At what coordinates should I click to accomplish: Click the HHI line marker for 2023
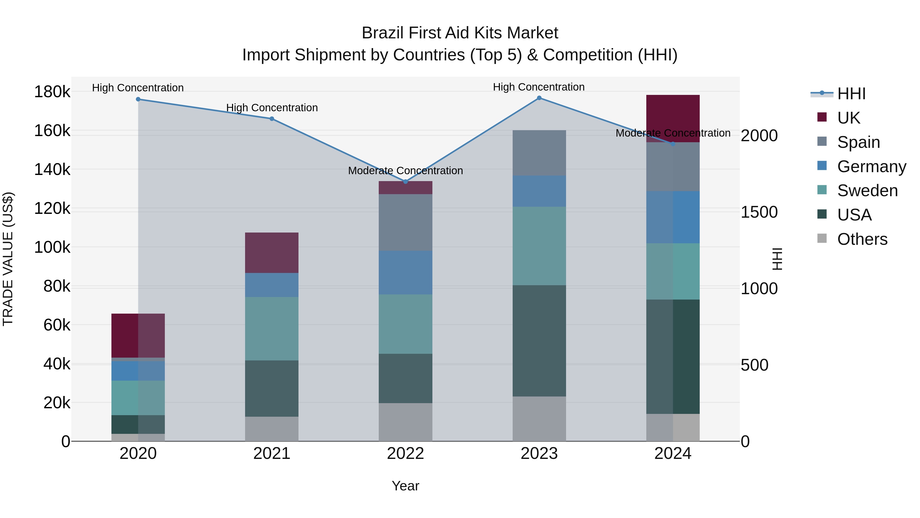click(539, 98)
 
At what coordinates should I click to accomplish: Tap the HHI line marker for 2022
click(405, 182)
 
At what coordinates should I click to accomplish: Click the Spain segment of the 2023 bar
click(539, 153)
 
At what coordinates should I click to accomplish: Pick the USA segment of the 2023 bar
click(539, 341)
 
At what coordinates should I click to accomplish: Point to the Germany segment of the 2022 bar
click(405, 272)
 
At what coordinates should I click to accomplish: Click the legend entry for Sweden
click(867, 191)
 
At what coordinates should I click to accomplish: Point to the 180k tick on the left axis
click(52, 92)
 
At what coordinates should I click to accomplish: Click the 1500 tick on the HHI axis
click(759, 212)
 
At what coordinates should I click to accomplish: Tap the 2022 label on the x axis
click(405, 454)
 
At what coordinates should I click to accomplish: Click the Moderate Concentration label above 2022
click(405, 171)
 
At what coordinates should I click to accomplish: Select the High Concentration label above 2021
click(272, 108)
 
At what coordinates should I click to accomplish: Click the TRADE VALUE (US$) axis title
click(8, 259)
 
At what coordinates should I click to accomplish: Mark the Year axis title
click(405, 486)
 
